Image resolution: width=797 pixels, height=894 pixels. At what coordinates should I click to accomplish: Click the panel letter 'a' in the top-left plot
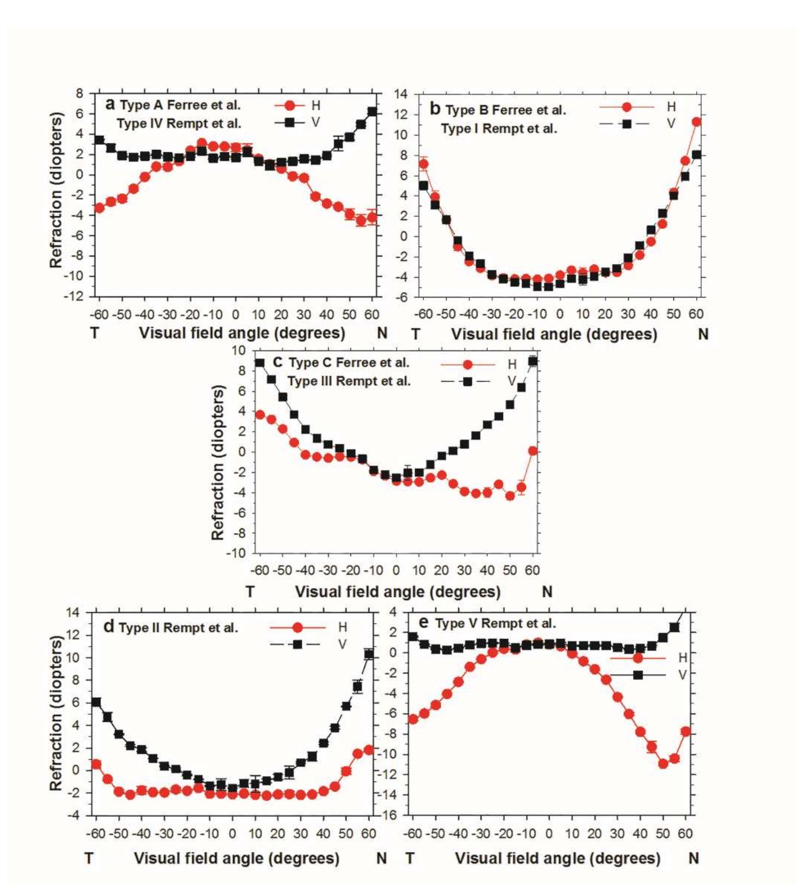tap(110, 104)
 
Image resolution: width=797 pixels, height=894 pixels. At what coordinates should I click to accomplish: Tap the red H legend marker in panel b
tap(626, 107)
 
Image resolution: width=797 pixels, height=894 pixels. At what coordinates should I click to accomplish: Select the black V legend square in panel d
tap(297, 644)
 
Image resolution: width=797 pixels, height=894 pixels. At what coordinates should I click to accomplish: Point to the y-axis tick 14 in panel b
tap(400, 94)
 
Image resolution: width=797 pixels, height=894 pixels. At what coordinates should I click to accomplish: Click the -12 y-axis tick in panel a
tap(74, 296)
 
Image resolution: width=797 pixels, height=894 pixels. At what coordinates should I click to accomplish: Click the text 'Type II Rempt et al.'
tap(178, 628)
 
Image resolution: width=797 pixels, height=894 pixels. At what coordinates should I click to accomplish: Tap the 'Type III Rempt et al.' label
tap(349, 381)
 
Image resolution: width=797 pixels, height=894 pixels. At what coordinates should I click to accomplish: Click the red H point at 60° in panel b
tap(696, 122)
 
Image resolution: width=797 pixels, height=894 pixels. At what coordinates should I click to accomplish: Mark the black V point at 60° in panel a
tap(372, 112)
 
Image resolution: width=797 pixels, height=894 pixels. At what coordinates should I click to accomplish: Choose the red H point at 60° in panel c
tap(533, 451)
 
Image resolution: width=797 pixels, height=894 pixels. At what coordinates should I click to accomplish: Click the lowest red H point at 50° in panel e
tap(663, 764)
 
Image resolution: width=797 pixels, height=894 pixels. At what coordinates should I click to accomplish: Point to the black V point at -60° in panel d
tap(96, 702)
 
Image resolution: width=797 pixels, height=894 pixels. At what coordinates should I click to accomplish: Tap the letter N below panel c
tap(547, 591)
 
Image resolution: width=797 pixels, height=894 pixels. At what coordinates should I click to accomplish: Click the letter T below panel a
tap(95, 333)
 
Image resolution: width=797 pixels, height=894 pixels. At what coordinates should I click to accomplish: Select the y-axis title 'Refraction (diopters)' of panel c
tap(218, 462)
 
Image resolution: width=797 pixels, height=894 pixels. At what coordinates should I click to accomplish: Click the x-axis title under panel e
tap(557, 859)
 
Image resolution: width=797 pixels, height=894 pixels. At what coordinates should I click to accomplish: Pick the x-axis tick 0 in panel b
tap(559, 314)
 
